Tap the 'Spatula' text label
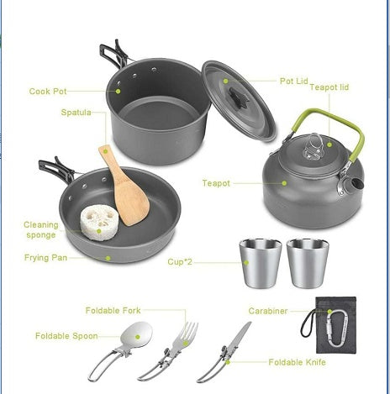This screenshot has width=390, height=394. tap(75, 112)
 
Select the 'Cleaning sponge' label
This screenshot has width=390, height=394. tap(41, 229)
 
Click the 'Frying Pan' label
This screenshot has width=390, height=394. tap(45, 257)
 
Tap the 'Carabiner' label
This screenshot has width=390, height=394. tap(268, 311)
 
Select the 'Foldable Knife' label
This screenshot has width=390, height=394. tap(297, 362)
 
